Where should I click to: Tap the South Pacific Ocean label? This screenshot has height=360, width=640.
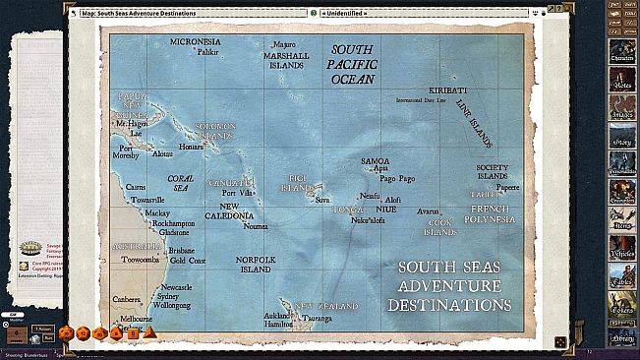358,64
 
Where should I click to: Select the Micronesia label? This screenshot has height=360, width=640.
195,42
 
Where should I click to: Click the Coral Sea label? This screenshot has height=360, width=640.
180,183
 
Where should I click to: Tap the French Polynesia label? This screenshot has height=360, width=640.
490,214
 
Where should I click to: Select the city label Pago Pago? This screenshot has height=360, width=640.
397,179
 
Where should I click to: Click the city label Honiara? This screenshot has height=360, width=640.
191,146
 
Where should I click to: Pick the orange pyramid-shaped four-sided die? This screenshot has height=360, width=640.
149,332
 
